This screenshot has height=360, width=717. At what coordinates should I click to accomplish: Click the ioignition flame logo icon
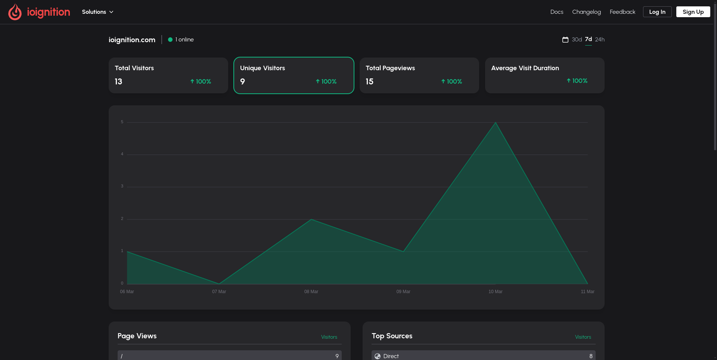15,12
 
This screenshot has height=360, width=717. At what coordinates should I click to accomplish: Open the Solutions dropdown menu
97,12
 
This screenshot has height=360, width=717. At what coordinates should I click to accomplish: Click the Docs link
556,12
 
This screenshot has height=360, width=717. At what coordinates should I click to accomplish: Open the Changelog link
586,12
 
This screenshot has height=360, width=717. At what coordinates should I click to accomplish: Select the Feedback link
622,12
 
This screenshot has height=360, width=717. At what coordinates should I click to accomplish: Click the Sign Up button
693,12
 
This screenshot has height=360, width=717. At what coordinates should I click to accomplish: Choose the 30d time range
577,40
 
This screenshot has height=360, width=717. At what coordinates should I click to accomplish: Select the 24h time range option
600,40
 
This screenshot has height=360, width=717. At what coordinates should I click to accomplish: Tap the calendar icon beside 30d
565,40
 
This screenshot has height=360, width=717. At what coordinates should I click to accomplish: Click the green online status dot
170,40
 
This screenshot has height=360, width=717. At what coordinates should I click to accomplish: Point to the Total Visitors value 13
118,82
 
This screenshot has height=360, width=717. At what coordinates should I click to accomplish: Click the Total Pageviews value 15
369,82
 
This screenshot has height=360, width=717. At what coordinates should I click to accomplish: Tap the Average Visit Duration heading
525,68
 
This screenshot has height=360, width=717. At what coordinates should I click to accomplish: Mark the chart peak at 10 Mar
496,122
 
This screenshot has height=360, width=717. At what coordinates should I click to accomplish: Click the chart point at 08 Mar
311,219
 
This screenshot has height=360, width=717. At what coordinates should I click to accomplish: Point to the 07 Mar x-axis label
219,292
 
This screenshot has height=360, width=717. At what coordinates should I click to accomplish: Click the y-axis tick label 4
122,154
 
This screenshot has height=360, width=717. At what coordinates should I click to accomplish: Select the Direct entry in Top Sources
391,356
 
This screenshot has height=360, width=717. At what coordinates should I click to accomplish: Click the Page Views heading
137,336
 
